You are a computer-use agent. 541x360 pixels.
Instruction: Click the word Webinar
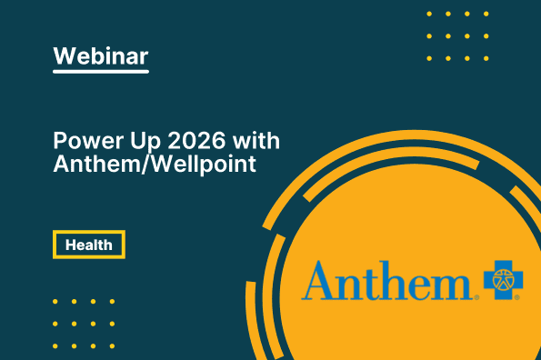click(x=101, y=55)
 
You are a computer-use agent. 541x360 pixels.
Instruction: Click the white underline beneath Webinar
click(x=101, y=72)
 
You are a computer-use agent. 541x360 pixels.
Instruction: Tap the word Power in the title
click(x=88, y=141)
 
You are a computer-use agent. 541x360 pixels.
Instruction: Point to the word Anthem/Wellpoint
click(x=155, y=164)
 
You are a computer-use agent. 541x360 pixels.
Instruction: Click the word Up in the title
click(x=145, y=142)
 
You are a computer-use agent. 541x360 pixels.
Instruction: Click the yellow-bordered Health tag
click(x=89, y=245)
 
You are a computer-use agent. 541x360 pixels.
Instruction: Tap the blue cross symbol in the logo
click(x=504, y=280)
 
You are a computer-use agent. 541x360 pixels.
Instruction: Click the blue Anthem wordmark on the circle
click(x=387, y=280)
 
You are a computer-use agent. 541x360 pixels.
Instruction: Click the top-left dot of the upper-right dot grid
click(x=429, y=14)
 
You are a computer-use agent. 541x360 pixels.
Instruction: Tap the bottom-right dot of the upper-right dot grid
click(x=486, y=58)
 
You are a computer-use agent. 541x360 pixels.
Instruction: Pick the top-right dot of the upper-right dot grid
click(x=486, y=14)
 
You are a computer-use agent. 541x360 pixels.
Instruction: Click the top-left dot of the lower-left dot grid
click(x=55, y=302)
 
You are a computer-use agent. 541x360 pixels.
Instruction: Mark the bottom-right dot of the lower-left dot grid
click(x=112, y=345)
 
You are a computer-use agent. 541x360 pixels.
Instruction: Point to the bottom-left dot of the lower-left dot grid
click(x=55, y=345)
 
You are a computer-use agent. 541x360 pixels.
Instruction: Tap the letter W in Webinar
click(x=66, y=55)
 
